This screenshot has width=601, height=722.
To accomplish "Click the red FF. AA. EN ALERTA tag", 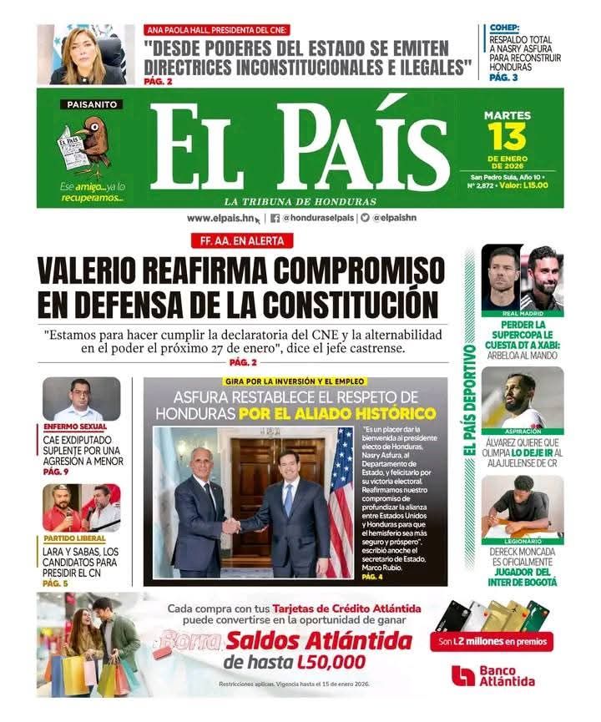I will [x=242, y=240].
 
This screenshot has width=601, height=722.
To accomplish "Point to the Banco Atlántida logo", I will [x=492, y=675].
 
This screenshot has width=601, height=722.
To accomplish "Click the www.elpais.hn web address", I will [x=220, y=218].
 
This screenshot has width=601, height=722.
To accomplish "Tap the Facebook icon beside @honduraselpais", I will [x=275, y=218].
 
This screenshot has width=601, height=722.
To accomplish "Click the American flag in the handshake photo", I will [x=340, y=501].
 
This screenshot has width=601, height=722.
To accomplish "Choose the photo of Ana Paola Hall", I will [x=85, y=54].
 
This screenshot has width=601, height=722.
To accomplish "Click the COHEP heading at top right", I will [x=506, y=28].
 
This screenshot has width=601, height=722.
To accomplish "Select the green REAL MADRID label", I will [x=523, y=314].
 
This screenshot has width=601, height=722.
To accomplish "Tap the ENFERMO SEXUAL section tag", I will [x=77, y=427].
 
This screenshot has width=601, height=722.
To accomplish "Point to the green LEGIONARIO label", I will [x=523, y=541].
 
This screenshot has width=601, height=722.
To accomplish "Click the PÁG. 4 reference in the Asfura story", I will [x=372, y=577].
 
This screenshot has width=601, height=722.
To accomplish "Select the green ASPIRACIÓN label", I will [x=523, y=432].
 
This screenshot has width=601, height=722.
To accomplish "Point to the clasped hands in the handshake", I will [x=231, y=526].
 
